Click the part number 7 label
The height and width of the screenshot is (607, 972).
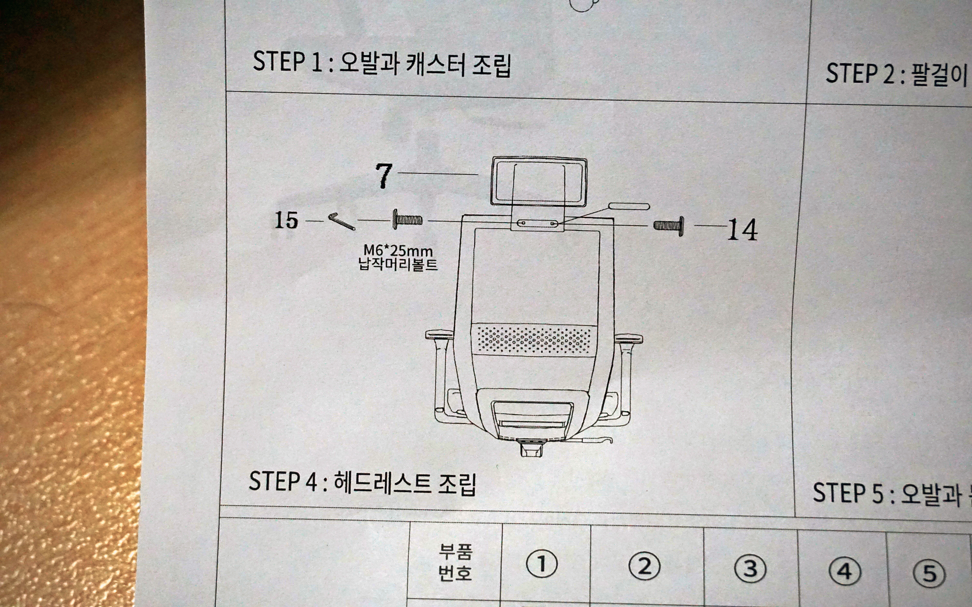coord(384,176)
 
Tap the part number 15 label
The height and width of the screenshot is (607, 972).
coord(286,220)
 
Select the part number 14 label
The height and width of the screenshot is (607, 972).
coord(742,230)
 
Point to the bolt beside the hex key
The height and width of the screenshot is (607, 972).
coord(407,219)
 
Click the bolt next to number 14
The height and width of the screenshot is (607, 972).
coord(669,226)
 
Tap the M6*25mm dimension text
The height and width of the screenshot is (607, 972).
coord(398,251)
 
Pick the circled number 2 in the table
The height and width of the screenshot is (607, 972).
coord(644,566)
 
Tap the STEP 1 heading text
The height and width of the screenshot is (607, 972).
coord(382,63)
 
